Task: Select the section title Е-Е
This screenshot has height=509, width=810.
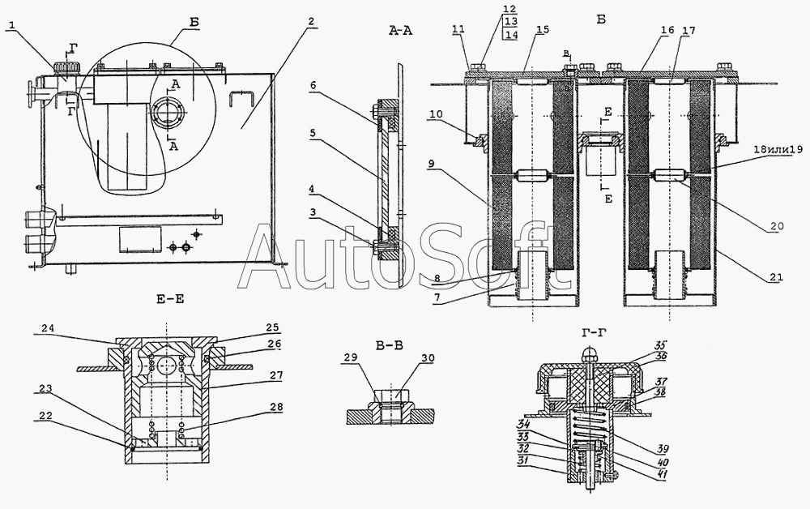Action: pyautogui.click(x=171, y=298)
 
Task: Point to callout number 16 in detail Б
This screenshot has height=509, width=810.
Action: pyautogui.click(x=667, y=29)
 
